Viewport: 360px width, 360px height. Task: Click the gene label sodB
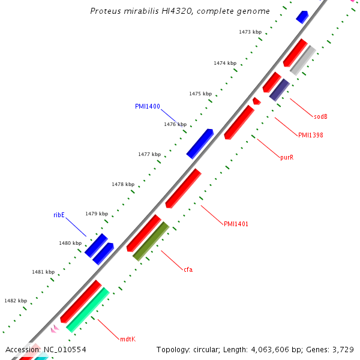[x=320, y=116]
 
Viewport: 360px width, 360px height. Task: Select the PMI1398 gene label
[x=310, y=135]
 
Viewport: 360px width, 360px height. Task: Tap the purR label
[x=287, y=158]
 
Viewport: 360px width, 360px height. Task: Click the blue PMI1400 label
[x=147, y=106]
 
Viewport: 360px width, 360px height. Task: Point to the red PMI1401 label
[x=236, y=224]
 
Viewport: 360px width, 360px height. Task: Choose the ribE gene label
[x=59, y=215]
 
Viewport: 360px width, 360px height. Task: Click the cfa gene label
[x=188, y=269]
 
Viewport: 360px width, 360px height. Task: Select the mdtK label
[x=127, y=339]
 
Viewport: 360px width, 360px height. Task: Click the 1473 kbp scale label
[x=250, y=32]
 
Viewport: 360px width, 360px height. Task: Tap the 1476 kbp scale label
[x=175, y=124]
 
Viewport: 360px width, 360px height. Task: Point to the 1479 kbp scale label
[x=96, y=214]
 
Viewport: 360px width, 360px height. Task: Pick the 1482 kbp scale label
[x=16, y=301]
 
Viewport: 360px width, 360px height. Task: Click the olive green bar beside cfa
[x=151, y=241]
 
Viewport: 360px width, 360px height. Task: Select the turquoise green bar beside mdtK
[x=88, y=310]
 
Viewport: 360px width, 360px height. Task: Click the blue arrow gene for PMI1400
[x=200, y=144]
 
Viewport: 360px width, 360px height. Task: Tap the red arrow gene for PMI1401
[x=183, y=188]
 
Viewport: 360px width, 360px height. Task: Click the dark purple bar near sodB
[x=280, y=89]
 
